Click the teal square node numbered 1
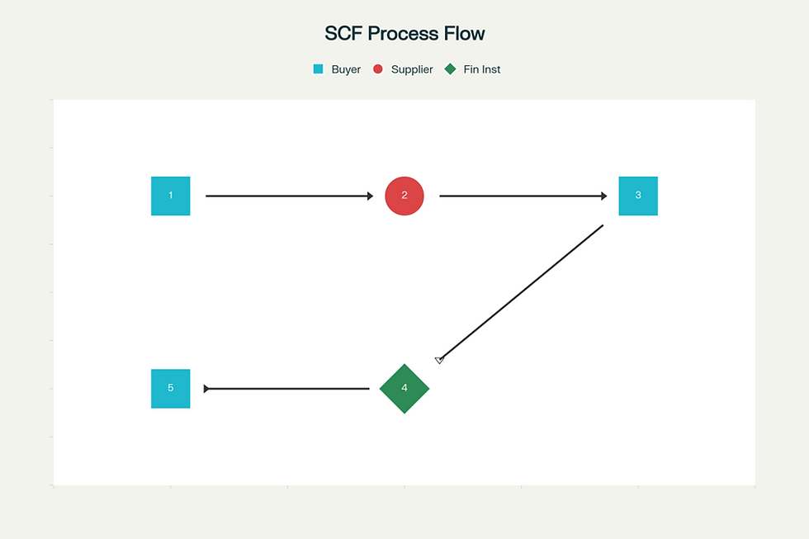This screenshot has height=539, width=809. [x=170, y=196]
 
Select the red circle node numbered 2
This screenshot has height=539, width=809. [x=404, y=196]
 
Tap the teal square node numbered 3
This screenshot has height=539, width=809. [x=638, y=196]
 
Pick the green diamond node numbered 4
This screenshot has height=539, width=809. [x=404, y=389]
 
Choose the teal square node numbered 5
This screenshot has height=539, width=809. [x=170, y=389]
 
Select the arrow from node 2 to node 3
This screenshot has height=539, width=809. [x=522, y=196]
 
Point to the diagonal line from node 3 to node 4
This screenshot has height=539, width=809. [x=522, y=292]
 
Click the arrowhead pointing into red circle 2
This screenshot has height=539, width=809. [x=371, y=196]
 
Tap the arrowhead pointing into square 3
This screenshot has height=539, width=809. [x=604, y=196]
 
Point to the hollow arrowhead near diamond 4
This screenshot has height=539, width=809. [x=439, y=360]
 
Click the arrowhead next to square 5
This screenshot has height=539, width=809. [x=206, y=389]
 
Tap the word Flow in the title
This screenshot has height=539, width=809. [x=466, y=34]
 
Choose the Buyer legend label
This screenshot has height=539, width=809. [x=346, y=69]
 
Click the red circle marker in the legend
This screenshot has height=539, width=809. [x=378, y=69]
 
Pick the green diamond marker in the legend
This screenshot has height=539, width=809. [x=450, y=69]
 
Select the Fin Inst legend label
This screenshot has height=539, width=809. [x=482, y=69]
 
